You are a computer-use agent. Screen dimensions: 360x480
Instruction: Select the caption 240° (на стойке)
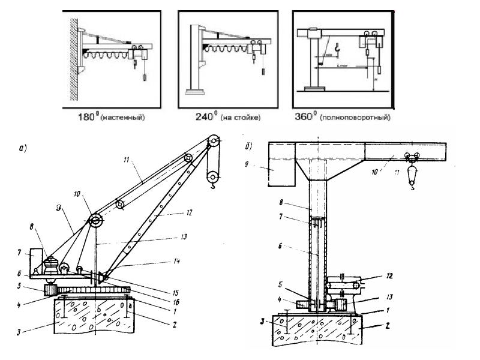point(223,117)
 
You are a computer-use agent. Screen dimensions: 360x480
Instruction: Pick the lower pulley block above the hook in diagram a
point(212,177)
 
